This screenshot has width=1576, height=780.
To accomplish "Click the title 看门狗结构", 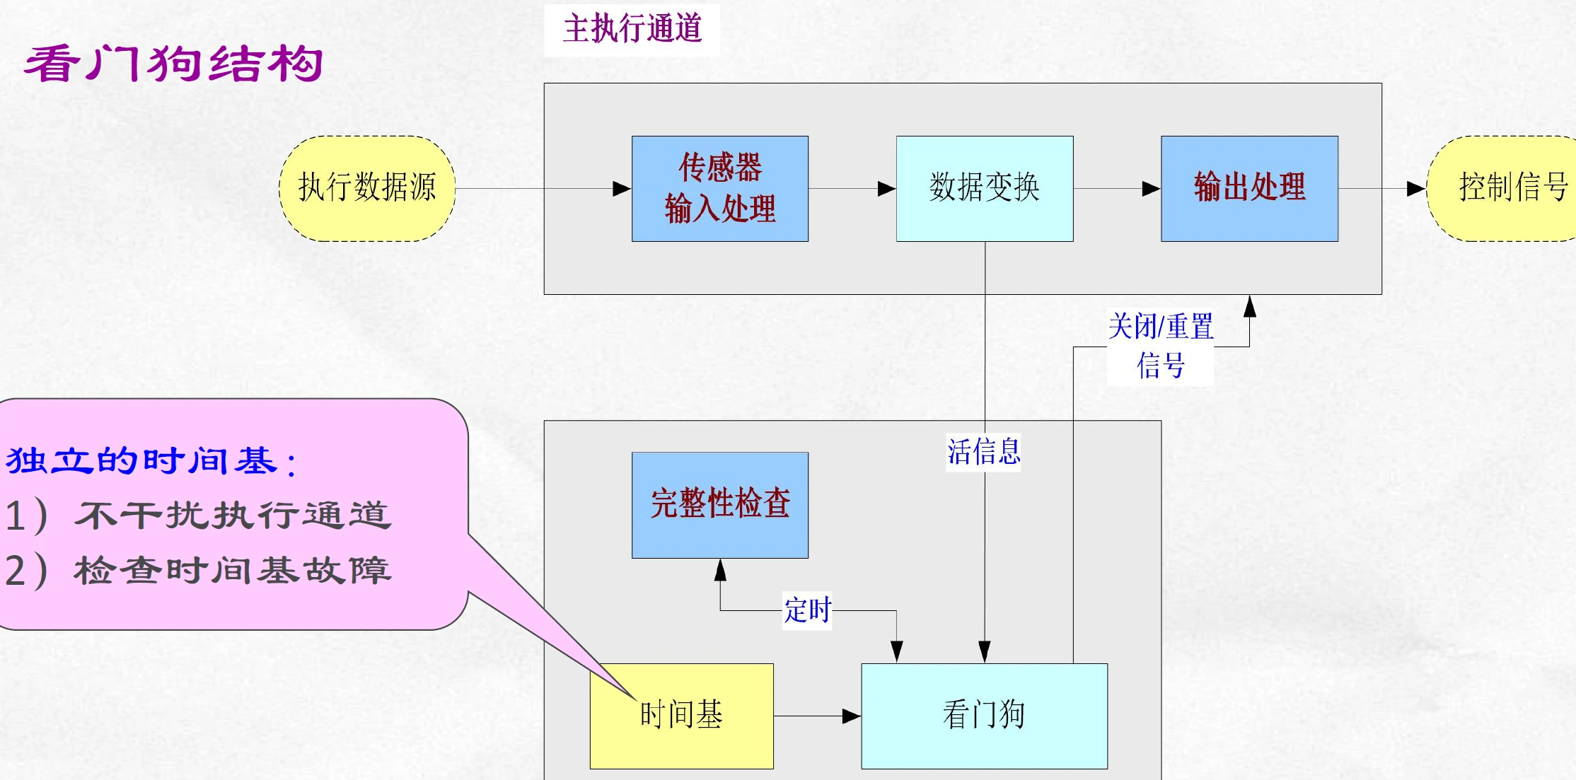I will [x=173, y=64].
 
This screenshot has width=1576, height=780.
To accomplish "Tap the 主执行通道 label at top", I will [x=632, y=29].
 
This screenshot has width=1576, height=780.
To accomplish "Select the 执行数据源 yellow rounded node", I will [x=367, y=188].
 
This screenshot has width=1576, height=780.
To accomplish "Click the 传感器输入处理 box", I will [x=719, y=188].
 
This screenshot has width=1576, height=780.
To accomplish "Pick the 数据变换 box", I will [x=984, y=188].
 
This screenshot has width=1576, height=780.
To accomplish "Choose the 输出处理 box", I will [x=1249, y=188].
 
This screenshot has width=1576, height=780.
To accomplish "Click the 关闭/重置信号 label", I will [x=1160, y=347].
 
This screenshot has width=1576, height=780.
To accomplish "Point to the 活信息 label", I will [x=983, y=452].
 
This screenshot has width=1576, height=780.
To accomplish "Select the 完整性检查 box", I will [x=719, y=505].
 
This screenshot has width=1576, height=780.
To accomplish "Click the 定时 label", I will [x=807, y=610].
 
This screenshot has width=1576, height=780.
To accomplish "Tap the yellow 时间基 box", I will [x=681, y=716].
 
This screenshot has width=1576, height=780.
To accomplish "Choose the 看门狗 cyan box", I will [x=984, y=716].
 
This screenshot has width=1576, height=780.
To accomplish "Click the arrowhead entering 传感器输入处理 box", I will [x=622, y=189].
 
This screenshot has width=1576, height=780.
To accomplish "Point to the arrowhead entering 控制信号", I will [x=1416, y=189].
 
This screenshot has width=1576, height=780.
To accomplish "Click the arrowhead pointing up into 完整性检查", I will [x=720, y=569].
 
